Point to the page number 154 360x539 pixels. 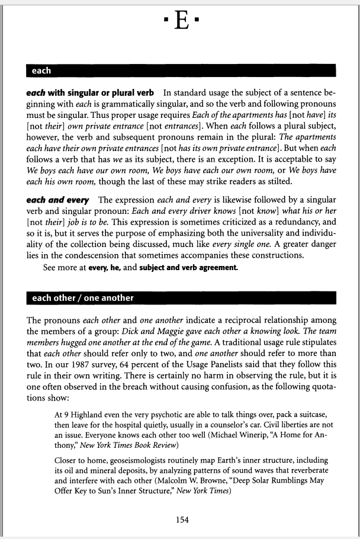click(182, 519)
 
